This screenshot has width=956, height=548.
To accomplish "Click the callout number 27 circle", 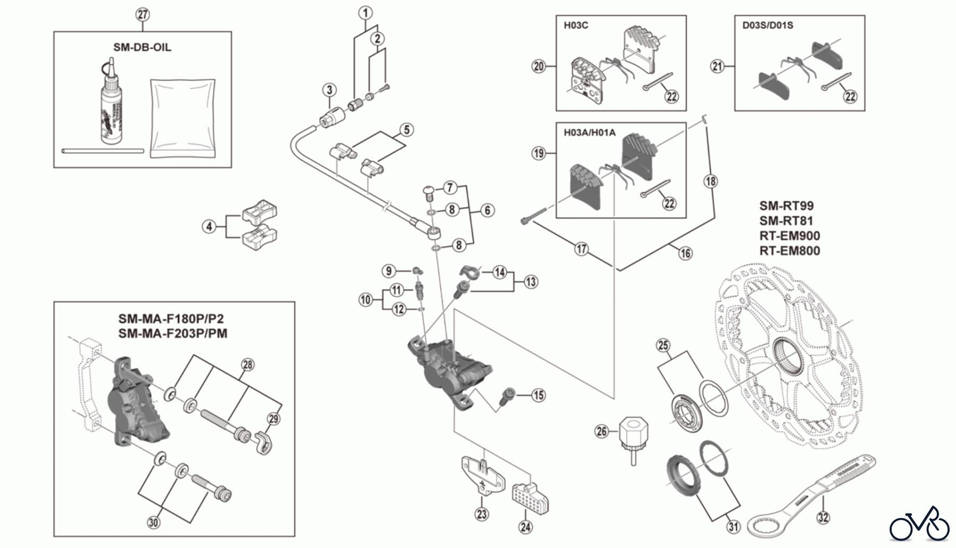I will click(142, 14).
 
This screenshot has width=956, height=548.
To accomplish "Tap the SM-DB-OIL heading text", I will click(142, 47).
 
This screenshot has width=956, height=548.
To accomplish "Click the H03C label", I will click(576, 25).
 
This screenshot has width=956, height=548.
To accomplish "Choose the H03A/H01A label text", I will click(590, 132).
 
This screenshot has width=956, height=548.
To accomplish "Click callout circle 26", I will click(601, 431).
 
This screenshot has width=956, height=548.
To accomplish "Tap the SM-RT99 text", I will click(786, 206).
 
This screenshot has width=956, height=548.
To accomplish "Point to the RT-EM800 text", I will click(789, 251).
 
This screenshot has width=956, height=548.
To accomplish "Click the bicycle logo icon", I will click(920, 524).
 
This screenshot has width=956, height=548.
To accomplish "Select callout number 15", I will click(539, 395).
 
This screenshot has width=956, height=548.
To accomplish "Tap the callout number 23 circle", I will click(482, 513).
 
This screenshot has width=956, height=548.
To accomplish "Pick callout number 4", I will click(209, 227).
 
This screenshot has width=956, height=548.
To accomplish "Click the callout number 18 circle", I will click(710, 182).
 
